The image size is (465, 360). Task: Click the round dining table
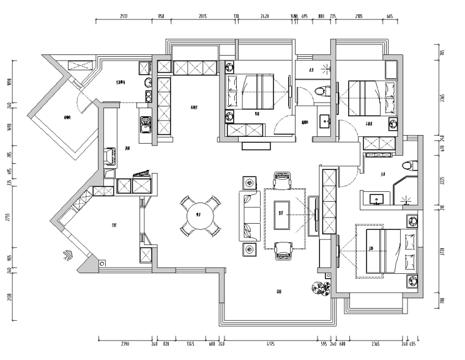(199, 215)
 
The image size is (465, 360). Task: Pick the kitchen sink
(146, 123)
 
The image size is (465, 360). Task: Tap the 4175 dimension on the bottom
(270, 344)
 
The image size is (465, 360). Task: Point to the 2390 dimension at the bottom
(125, 344)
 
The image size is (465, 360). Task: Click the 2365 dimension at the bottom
(375, 344)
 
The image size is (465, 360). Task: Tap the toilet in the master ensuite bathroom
(409, 165)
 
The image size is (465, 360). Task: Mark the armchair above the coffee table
(282, 180)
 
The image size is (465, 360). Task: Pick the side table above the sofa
(250, 183)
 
